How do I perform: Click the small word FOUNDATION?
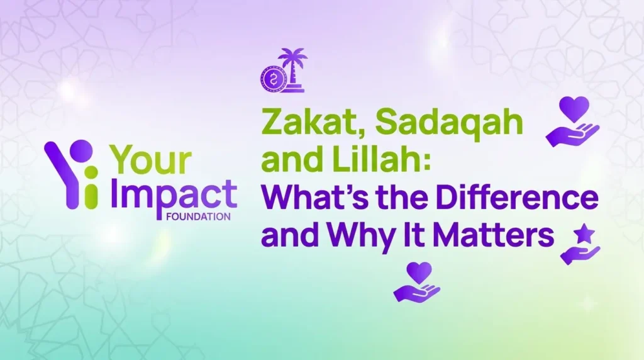198,217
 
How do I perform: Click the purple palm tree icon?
292,70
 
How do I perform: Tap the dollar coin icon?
271,79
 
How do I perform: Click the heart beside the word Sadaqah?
575,108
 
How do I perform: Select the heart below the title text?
419,272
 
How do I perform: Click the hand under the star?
580,255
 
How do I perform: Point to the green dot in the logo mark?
91,172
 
